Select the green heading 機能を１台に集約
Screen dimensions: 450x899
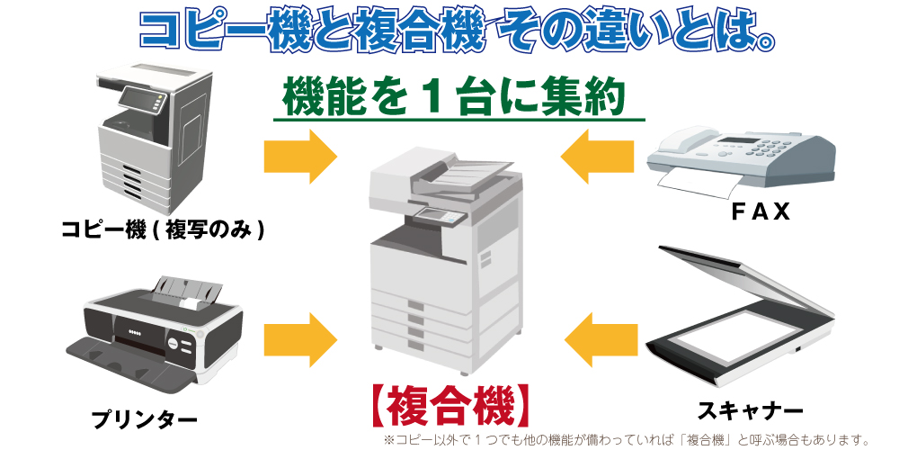coord(454,95)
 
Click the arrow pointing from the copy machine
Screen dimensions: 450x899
coord(300,156)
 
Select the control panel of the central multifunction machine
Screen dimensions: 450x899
coord(438,216)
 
